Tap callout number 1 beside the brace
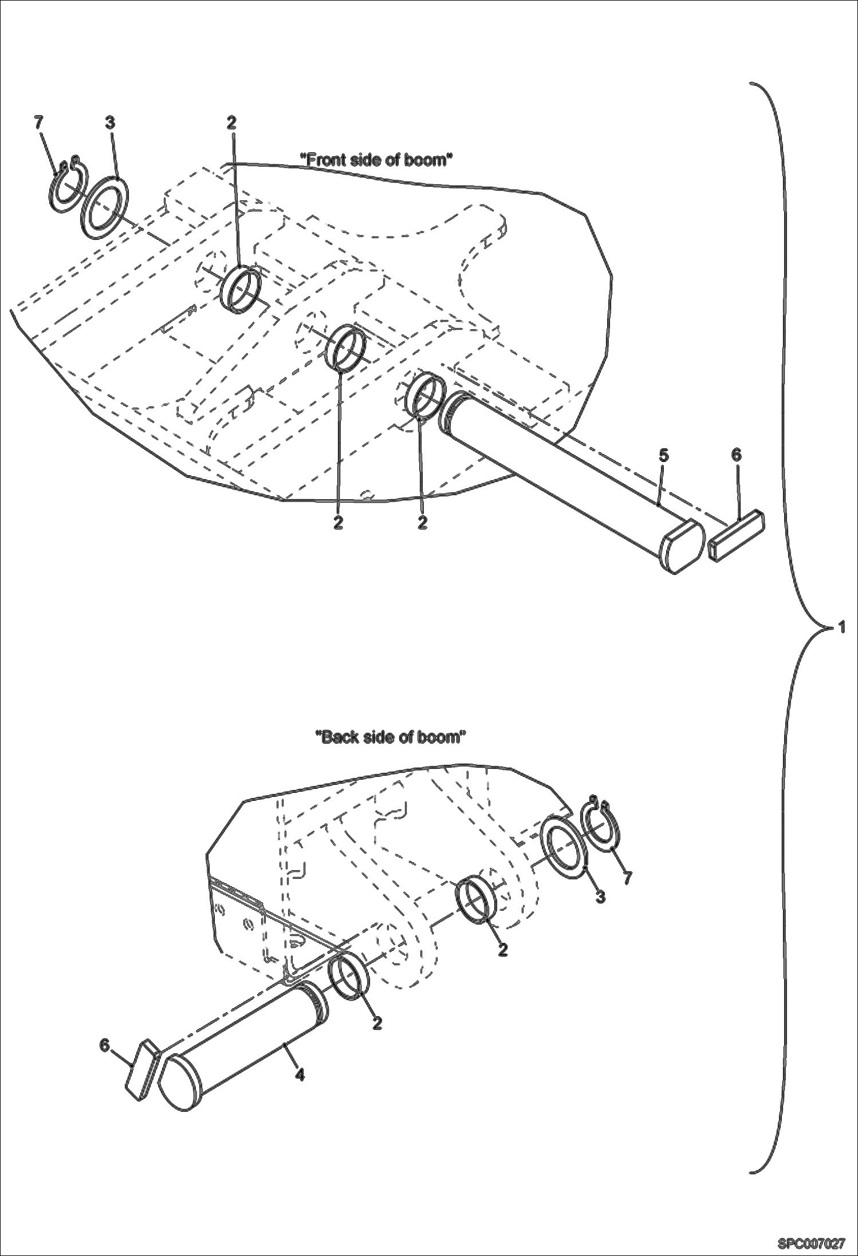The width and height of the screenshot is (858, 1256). pyautogui.click(x=841, y=627)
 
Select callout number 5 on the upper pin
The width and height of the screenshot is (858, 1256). pyautogui.click(x=663, y=456)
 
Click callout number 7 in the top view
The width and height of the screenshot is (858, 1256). pyautogui.click(x=38, y=122)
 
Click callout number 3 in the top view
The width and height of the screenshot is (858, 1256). pyautogui.click(x=110, y=122)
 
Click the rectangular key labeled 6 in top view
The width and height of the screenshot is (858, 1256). pyautogui.click(x=737, y=535)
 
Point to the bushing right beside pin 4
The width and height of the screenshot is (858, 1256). pyautogui.click(x=348, y=977)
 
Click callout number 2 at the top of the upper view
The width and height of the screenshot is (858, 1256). pyautogui.click(x=231, y=122)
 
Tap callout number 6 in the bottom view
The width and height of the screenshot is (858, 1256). pyautogui.click(x=104, y=1045)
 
